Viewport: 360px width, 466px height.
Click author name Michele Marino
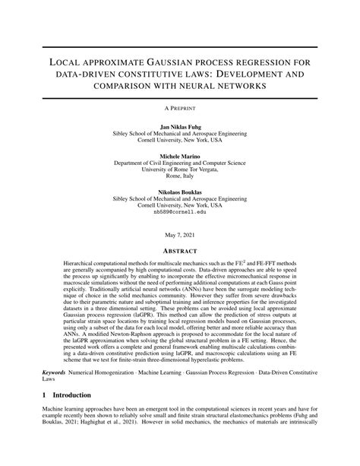coord(180,155)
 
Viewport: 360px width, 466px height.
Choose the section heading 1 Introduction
coord(60,416)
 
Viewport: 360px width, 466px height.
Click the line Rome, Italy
coord(180,177)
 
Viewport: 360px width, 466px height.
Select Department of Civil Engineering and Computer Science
coord(180,163)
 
